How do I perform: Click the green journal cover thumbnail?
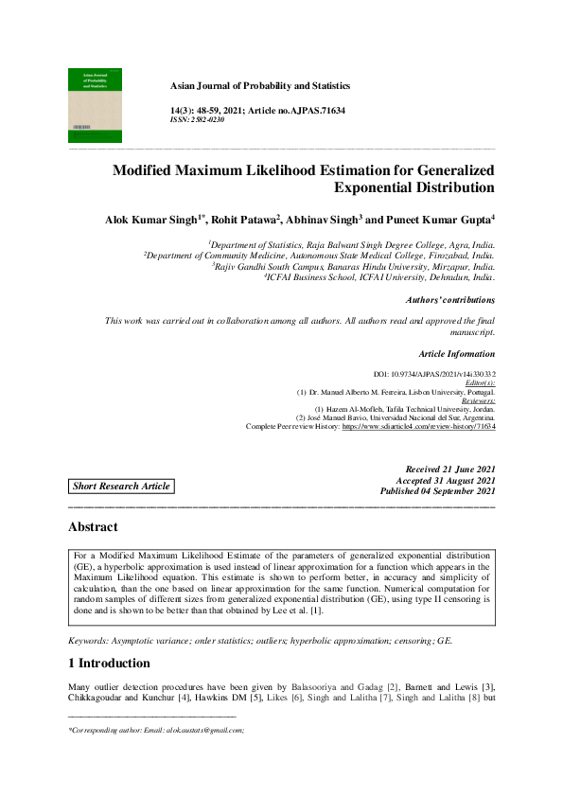coord(95,104)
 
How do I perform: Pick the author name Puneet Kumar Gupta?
coord(443,220)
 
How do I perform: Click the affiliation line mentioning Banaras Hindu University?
coord(353,267)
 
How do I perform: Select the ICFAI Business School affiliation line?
coord(378,278)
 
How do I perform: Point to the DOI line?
coord(434,376)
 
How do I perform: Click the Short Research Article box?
coord(123,487)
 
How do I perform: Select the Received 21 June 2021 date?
coord(449,469)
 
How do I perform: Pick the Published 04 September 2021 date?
coord(437,492)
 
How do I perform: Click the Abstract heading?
coord(93,527)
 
